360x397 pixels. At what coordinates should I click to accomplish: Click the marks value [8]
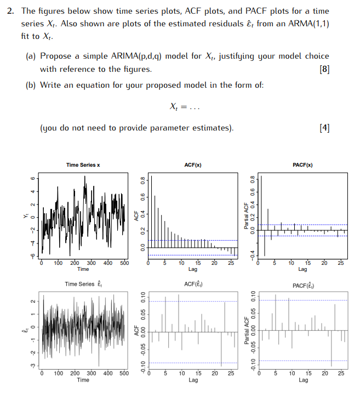pyautogui.click(x=323, y=70)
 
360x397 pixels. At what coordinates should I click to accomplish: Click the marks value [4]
pyautogui.click(x=323, y=128)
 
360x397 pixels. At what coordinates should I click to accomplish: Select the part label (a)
pyautogui.click(x=31, y=56)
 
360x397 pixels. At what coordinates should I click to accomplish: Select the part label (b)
pyautogui.click(x=31, y=86)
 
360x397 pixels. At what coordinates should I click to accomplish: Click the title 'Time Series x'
pyautogui.click(x=83, y=165)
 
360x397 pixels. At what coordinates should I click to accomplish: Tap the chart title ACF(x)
pyautogui.click(x=193, y=164)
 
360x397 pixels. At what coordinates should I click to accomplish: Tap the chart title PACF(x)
pyautogui.click(x=302, y=164)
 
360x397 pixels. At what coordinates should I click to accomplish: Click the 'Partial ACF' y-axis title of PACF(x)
pyautogui.click(x=246, y=216)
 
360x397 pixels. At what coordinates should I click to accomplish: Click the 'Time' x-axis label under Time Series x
pyautogui.click(x=83, y=269)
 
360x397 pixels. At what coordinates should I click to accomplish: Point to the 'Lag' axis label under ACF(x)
pyautogui.click(x=193, y=269)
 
